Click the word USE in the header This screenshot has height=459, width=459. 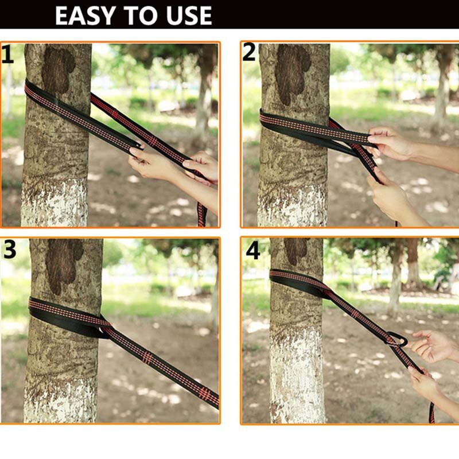189,15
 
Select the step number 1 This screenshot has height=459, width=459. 7,54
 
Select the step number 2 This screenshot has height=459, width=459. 249,53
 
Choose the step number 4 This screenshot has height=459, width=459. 253,251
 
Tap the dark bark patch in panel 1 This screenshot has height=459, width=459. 58,69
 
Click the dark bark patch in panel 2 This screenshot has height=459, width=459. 293,73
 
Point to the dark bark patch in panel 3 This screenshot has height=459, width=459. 64,265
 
